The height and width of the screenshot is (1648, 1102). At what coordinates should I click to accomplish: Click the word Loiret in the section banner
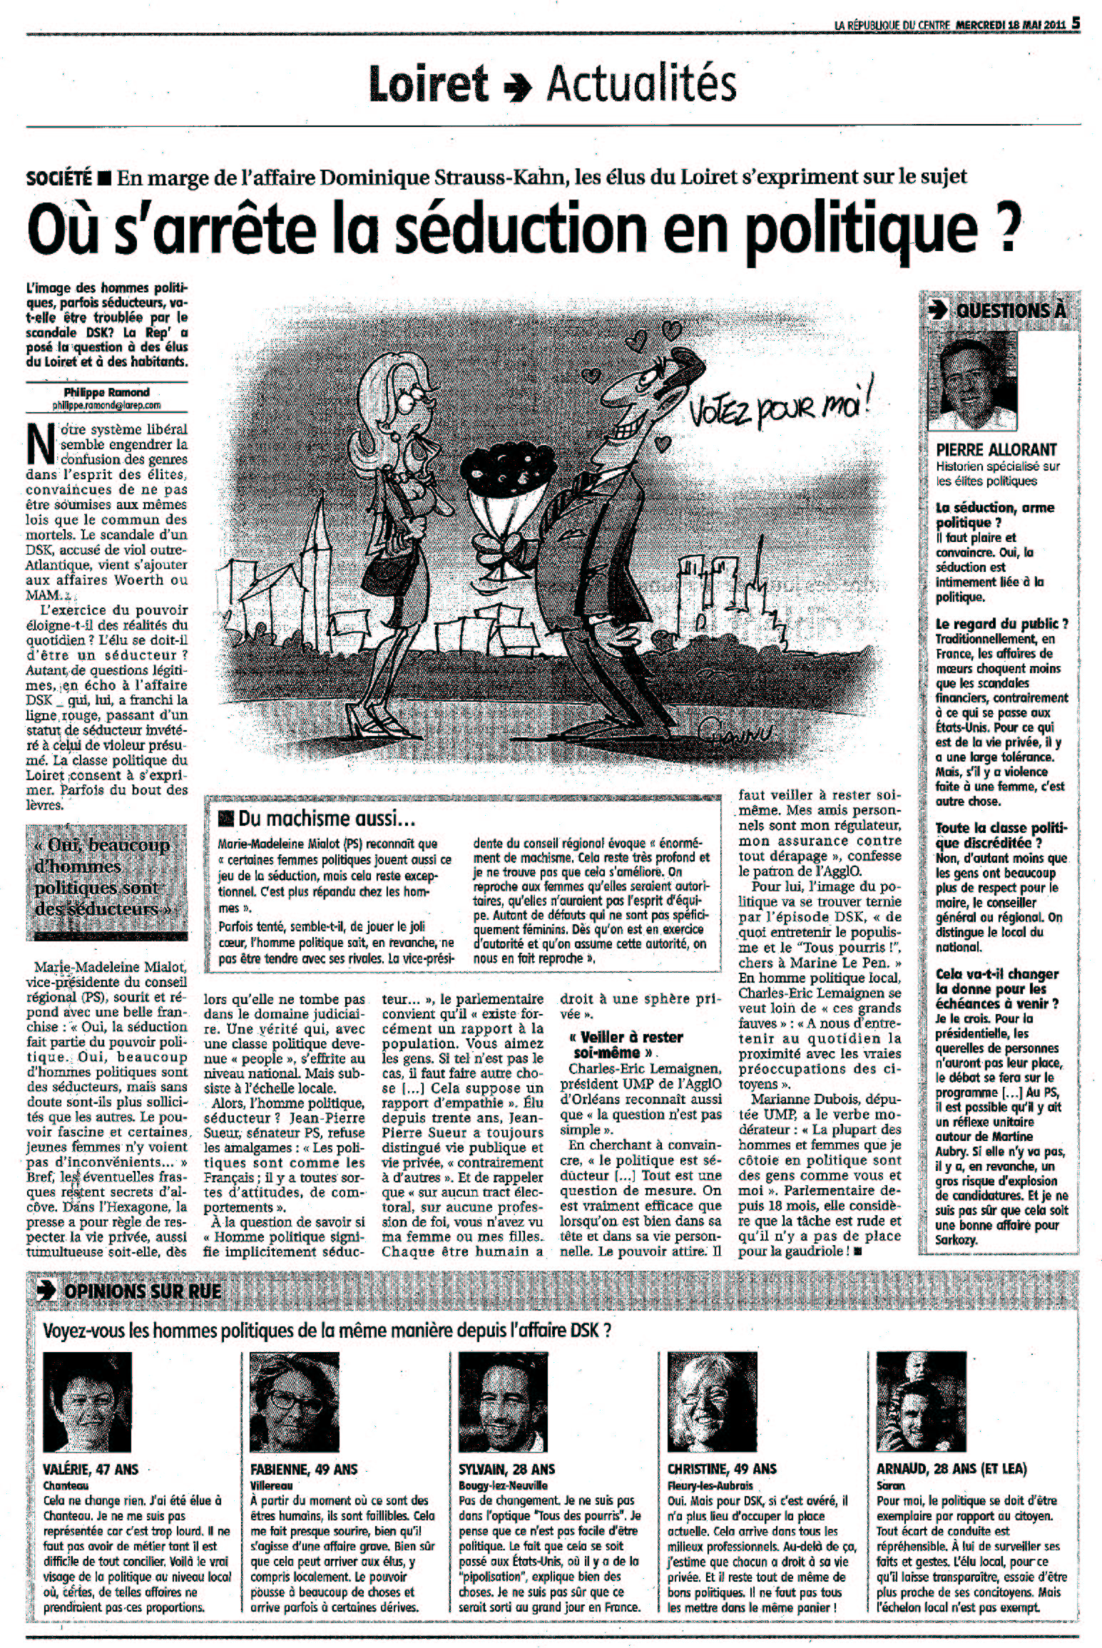428,85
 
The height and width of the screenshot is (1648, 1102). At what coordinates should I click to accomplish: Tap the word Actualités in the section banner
641,85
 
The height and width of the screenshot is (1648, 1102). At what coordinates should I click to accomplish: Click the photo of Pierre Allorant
976,383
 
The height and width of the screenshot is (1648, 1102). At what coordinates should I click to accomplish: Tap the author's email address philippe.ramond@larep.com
106,404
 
